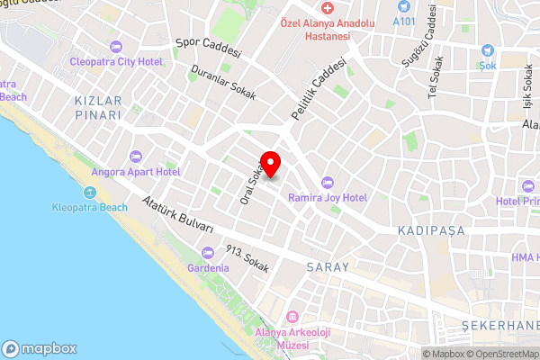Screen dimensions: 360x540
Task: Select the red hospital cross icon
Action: click(x=328, y=7)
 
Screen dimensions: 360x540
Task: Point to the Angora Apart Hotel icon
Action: click(x=137, y=156)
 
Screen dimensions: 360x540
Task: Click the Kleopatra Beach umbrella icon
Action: click(x=90, y=193)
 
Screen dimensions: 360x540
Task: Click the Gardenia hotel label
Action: click(x=208, y=268)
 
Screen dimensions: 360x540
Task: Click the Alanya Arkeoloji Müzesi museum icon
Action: click(x=292, y=317)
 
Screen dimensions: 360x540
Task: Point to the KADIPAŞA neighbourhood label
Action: click(x=427, y=231)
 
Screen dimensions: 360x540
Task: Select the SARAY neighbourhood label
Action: click(x=327, y=267)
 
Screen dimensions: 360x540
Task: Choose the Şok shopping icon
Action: click(x=488, y=51)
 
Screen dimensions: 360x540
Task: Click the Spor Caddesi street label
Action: click(x=209, y=47)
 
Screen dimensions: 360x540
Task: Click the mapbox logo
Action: click(x=40, y=348)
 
